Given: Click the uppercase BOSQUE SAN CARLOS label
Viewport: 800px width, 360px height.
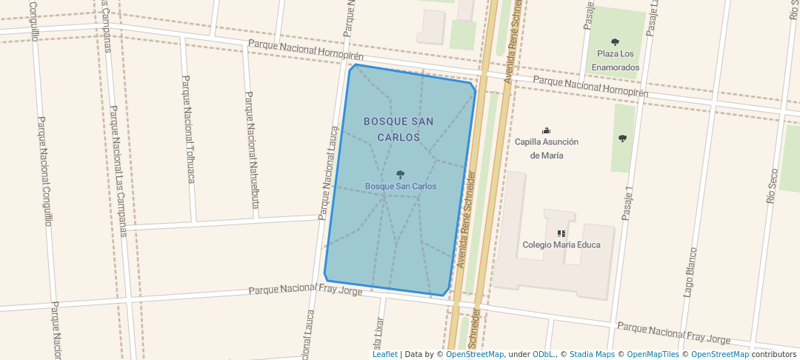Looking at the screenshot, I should point(399,129).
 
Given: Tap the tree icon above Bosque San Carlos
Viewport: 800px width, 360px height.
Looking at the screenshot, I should point(401,175).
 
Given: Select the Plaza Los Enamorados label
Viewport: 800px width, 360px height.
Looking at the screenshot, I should point(615,60).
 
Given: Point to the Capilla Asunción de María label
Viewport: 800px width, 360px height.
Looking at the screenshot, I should point(547,148).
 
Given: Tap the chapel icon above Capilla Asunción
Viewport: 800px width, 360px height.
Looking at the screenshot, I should point(547,130).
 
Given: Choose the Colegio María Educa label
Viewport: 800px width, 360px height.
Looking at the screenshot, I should point(561,244).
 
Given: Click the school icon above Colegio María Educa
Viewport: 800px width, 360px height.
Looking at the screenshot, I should point(561,233).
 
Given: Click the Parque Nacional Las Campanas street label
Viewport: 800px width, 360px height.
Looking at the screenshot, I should point(117,170).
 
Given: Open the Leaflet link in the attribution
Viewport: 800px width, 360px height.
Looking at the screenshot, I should point(384,354).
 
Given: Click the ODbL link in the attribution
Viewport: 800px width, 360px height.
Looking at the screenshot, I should point(542,354).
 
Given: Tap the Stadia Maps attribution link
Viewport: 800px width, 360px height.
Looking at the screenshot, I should point(592,354).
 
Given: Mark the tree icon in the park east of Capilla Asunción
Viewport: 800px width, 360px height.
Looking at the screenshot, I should point(622,138).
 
